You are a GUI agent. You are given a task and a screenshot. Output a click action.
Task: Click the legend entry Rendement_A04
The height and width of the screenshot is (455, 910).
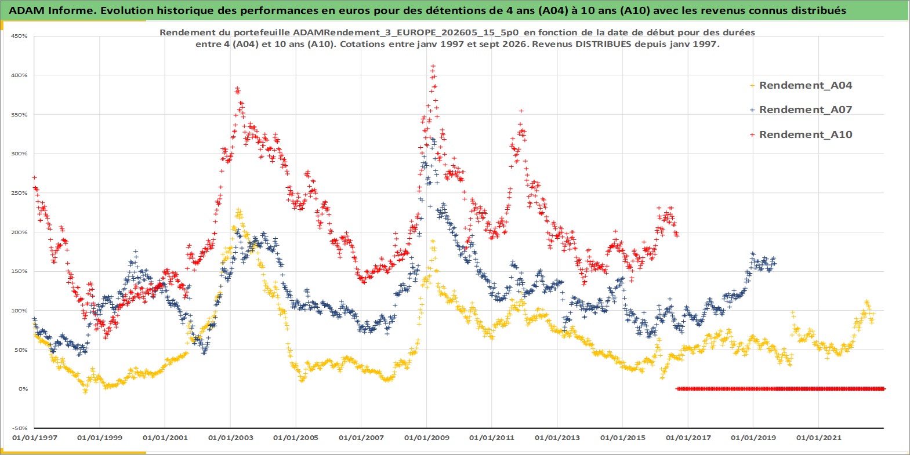[800, 85]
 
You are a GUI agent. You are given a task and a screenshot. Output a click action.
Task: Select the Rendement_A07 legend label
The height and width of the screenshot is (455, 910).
[800, 110]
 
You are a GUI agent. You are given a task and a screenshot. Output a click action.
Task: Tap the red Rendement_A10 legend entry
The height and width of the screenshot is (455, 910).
[800, 134]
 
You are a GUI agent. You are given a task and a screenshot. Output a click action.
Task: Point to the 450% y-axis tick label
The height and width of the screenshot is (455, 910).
[19, 36]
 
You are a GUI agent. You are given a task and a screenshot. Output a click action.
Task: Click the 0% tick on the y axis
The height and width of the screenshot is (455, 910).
[23, 389]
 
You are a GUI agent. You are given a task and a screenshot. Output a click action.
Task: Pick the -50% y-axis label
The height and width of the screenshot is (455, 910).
[20, 428]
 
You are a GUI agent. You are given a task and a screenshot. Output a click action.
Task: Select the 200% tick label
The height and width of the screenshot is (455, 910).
[19, 232]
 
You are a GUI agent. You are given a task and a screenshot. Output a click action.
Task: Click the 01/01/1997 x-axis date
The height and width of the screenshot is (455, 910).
[35, 438]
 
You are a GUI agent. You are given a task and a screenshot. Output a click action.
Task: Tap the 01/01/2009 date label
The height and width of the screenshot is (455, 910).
[426, 438]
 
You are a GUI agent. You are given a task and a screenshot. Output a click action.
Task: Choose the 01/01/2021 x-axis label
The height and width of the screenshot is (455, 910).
[818, 438]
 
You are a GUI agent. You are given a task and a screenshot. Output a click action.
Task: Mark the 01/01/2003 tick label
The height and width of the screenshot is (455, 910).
[231, 438]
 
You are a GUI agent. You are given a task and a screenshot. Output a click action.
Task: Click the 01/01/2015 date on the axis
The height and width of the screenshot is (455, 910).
[623, 438]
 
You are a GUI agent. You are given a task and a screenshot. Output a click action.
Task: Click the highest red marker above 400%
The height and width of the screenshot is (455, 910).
[433, 65]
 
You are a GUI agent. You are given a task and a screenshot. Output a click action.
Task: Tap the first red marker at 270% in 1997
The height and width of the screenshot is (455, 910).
[35, 177]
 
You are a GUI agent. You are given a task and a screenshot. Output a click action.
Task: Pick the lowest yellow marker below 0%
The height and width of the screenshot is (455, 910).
[85, 391]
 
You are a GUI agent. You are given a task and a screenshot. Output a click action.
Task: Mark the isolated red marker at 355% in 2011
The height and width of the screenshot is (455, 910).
[521, 111]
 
